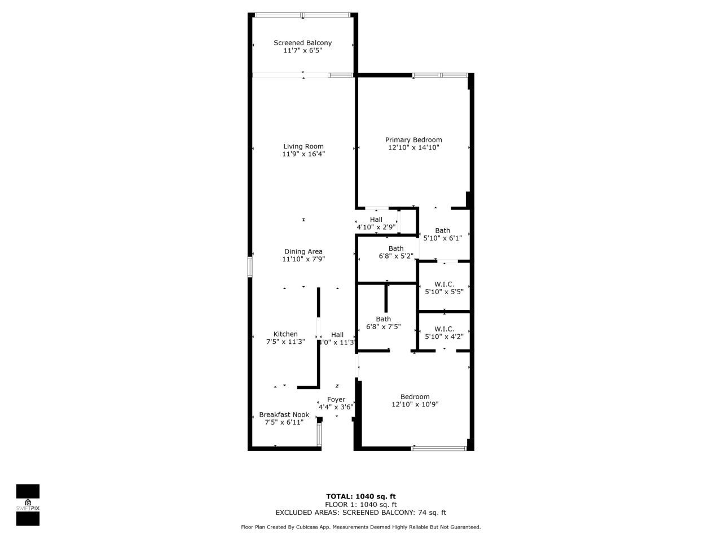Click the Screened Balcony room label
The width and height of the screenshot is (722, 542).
coord(302,43)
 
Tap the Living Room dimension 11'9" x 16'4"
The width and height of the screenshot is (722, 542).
coord(303,154)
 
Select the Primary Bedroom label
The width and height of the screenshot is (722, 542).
coord(413,140)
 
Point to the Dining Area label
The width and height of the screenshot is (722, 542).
coord(303,252)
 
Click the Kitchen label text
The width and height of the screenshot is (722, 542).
coord(285,334)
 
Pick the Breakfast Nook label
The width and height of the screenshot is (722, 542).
coord(284,414)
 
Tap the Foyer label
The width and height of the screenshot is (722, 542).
coord(336,400)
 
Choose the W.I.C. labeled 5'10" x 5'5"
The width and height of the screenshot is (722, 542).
coord(444,288)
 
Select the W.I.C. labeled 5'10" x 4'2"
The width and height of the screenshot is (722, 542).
coord(444,333)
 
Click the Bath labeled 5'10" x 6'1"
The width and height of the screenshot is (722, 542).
coord(443,234)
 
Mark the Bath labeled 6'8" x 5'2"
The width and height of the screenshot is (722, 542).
coord(396,252)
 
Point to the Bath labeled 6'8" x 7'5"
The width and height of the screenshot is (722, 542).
coord(384,322)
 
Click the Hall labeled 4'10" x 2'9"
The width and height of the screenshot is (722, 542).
coord(376,223)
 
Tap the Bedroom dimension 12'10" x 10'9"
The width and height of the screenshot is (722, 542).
coord(415,404)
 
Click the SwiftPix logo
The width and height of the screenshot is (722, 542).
coord(28,504)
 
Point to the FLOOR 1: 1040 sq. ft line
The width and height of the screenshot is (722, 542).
coord(361,505)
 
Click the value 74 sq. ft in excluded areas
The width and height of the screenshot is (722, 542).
coord(432,513)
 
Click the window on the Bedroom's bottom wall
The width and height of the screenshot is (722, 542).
coord(439,448)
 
